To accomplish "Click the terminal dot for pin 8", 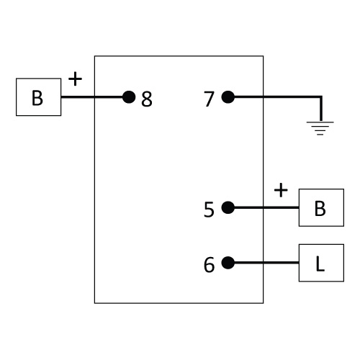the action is pyautogui.click(x=129, y=97).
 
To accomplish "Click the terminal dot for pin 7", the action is pyautogui.click(x=228, y=97).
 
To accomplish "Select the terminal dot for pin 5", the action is pyautogui.click(x=228, y=207).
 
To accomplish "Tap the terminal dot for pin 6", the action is pyautogui.click(x=228, y=263).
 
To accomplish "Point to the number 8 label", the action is pyautogui.click(x=147, y=99).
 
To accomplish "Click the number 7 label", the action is pyautogui.click(x=209, y=99).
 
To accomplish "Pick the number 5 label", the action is pyautogui.click(x=209, y=210).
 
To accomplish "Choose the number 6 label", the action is pyautogui.click(x=209, y=264).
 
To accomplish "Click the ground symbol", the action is pyautogui.click(x=320, y=128).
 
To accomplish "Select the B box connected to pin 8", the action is pyautogui.click(x=38, y=97).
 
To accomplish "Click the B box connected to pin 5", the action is pyautogui.click(x=321, y=207).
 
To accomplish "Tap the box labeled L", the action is pyautogui.click(x=321, y=263).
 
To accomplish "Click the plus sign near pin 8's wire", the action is pyautogui.click(x=75, y=78).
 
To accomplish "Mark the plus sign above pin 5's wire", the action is pyautogui.click(x=281, y=190).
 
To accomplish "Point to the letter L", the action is pyautogui.click(x=320, y=264).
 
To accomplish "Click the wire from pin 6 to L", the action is pyautogui.click(x=266, y=263).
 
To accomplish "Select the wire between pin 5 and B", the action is pyautogui.click(x=266, y=207).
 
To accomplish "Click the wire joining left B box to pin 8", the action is pyautogui.click(x=92, y=97).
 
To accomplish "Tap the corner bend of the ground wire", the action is pyautogui.click(x=321, y=97).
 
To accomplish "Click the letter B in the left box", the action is pyautogui.click(x=37, y=98).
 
